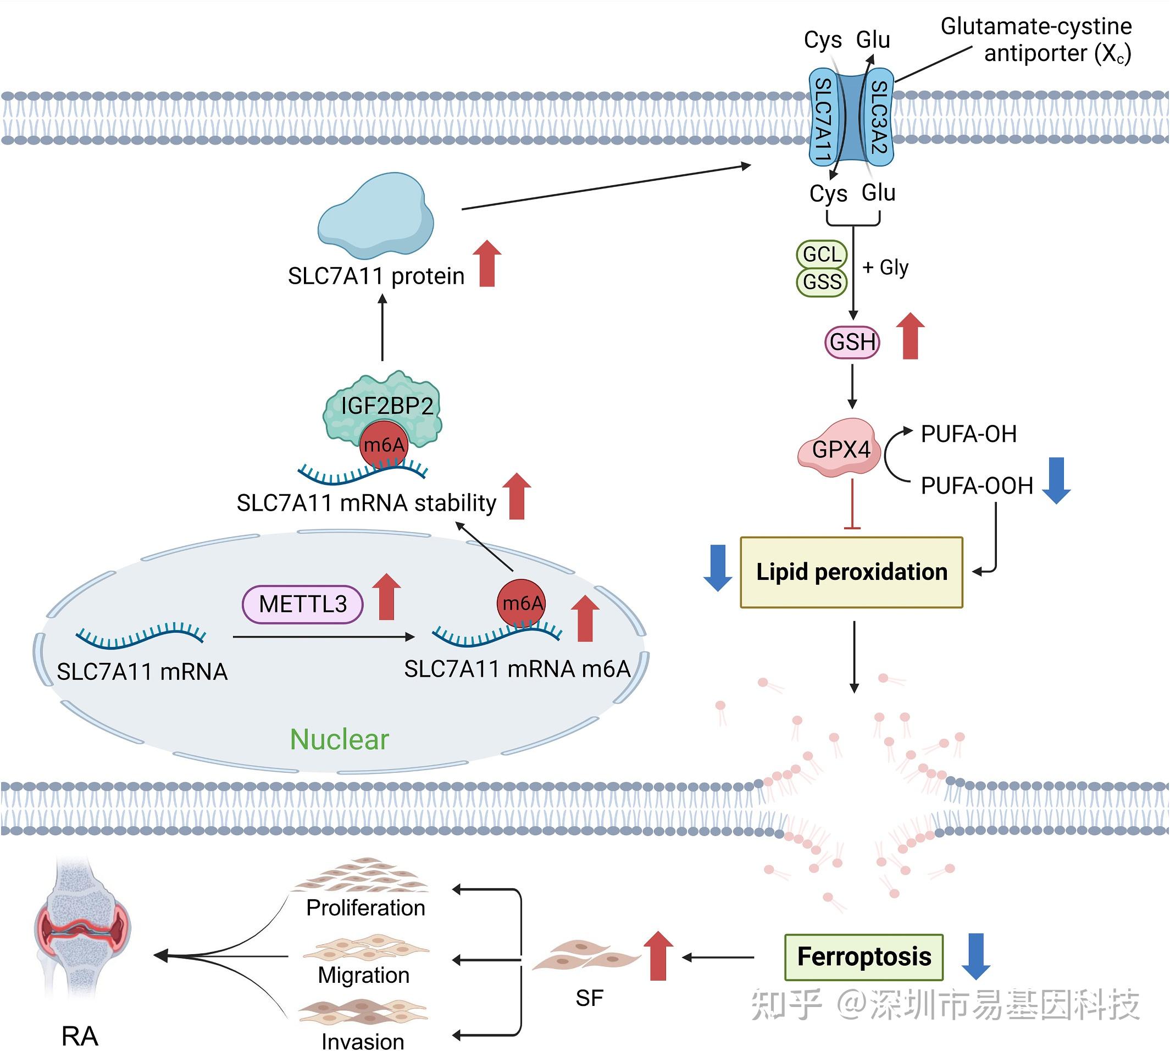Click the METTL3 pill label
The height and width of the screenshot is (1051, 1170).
(x=302, y=605)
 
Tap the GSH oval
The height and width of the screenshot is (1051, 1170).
(x=852, y=342)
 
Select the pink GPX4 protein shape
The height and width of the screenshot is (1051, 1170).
(x=840, y=449)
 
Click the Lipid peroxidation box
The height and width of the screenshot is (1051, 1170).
(x=851, y=572)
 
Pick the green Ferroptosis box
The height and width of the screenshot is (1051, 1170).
(x=863, y=957)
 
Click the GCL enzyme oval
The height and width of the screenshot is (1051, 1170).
(x=822, y=254)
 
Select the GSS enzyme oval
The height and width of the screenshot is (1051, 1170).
(x=822, y=283)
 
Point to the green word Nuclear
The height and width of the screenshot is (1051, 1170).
(x=340, y=739)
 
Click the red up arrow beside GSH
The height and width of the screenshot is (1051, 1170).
(x=910, y=336)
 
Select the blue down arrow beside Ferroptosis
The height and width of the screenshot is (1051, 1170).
(x=976, y=956)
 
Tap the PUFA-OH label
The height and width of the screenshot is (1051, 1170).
(x=968, y=434)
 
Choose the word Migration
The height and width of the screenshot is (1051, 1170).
(x=364, y=975)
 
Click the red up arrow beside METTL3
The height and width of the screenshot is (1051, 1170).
(x=386, y=597)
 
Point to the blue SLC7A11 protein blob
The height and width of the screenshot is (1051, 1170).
(x=376, y=215)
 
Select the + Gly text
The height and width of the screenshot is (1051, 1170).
(x=885, y=267)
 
